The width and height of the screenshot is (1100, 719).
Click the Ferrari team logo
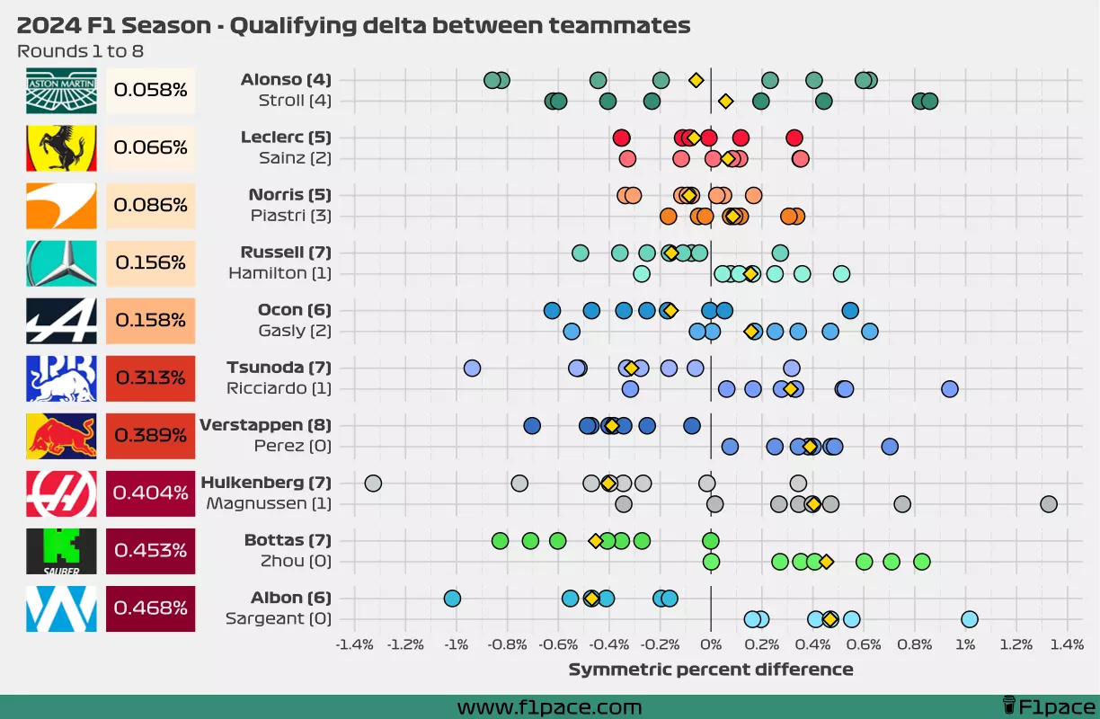pos(61,147)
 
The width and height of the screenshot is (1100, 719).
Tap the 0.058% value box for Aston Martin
pos(150,90)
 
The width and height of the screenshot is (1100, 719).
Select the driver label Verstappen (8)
pos(265,425)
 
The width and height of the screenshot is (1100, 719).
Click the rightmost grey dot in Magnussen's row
pos(1048,504)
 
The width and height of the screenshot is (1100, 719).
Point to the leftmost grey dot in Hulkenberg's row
pos(373,484)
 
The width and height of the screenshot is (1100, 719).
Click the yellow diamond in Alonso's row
pos(696,80)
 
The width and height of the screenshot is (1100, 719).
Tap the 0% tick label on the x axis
pos(710,644)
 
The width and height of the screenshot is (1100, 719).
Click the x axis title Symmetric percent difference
pos(710,670)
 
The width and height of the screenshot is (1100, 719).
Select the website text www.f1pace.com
pos(549,707)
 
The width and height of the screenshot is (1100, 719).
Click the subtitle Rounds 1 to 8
pos(80,51)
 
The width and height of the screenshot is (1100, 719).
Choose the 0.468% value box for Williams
pos(150,608)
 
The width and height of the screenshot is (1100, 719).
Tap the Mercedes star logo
pos(61,262)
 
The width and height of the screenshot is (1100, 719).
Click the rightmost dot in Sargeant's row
pos(969,619)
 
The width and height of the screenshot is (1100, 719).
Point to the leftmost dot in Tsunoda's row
pos(472,368)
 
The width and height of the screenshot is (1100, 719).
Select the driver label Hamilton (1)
pos(279,273)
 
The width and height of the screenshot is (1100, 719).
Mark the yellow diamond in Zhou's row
pos(826,562)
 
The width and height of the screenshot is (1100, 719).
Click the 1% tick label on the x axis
pos(965,644)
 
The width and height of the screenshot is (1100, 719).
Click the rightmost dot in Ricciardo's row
pos(949,389)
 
